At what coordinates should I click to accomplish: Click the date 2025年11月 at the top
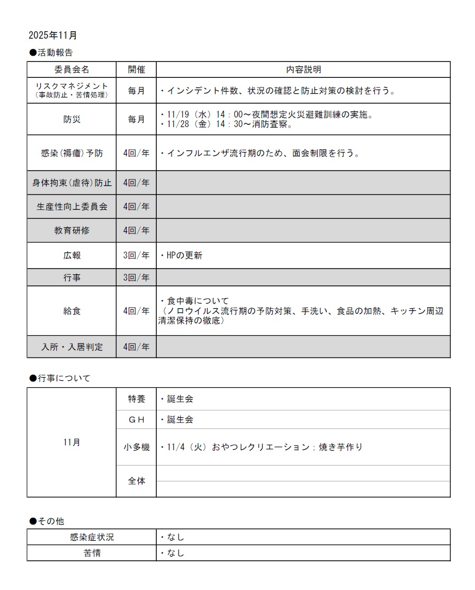[x=53, y=35]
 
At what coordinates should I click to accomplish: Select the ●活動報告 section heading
[x=51, y=52]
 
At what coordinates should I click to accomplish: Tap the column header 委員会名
[x=71, y=69]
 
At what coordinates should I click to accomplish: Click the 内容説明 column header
[x=303, y=69]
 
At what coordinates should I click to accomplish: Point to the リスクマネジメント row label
[x=71, y=90]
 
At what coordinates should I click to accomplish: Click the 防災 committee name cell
[x=71, y=119]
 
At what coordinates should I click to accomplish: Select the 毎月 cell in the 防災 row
[x=136, y=119]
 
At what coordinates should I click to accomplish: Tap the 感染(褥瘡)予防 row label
[x=71, y=153]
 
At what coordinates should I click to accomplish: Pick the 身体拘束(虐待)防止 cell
[x=71, y=183]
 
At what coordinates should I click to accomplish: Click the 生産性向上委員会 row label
[x=71, y=207]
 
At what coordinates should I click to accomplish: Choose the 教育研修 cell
[x=71, y=230]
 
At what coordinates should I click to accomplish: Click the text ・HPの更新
[x=181, y=255]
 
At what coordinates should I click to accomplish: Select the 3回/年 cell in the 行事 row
[x=136, y=278]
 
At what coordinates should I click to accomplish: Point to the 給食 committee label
[x=71, y=311]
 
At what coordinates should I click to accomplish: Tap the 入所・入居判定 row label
[x=71, y=347]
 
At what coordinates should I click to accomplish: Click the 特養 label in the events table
[x=136, y=399]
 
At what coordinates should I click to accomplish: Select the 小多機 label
[x=136, y=447]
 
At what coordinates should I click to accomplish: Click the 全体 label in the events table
[x=136, y=481]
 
